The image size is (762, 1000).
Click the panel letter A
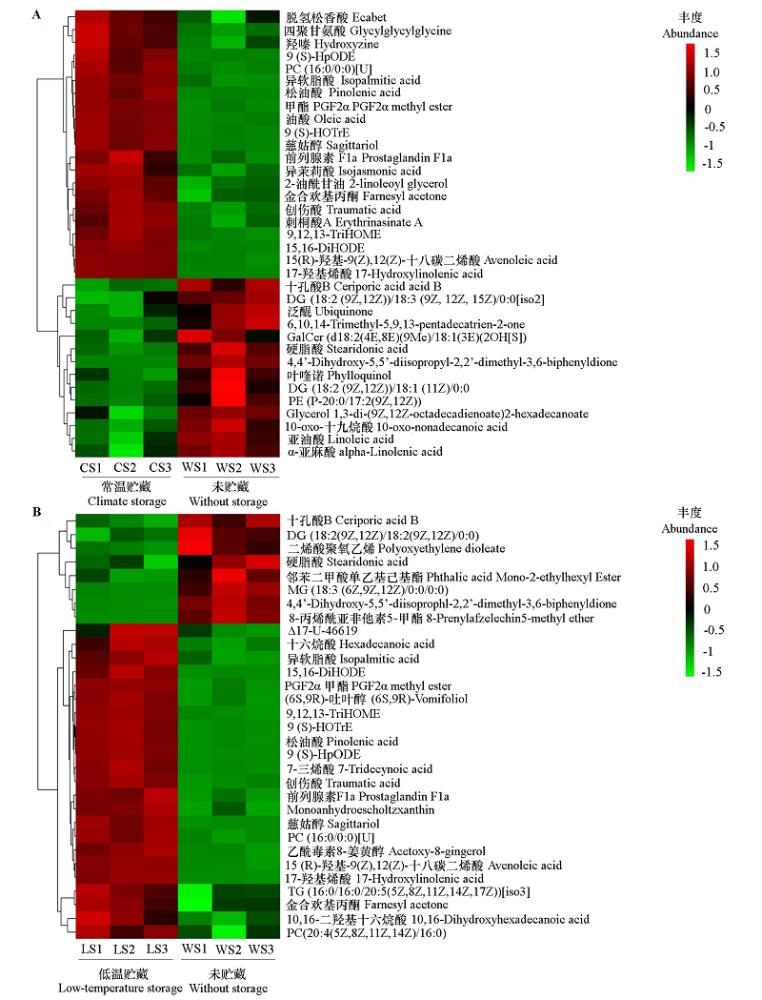[36, 15]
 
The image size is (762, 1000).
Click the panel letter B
[36, 512]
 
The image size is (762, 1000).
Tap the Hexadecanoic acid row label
[347, 644]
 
